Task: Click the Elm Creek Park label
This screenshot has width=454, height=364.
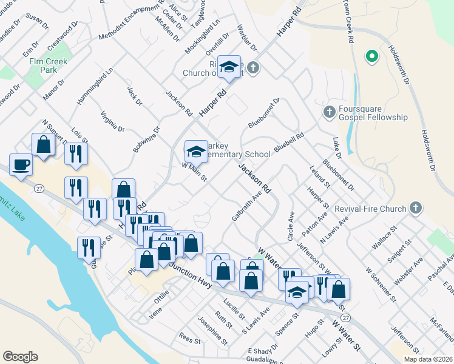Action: (49, 66)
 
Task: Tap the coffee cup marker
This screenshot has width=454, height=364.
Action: (21, 165)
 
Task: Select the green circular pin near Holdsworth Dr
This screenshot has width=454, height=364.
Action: (371, 57)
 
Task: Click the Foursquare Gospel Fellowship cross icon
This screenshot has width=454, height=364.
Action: (329, 111)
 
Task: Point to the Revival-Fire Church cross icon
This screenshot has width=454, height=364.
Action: (416, 209)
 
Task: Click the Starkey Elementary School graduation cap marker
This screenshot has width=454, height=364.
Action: (196, 151)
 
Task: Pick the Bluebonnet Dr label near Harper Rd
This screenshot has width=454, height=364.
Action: (263, 113)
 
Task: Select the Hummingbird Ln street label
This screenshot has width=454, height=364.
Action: (96, 86)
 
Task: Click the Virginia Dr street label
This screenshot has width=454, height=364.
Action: (113, 122)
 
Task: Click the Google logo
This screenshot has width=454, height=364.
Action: (20, 357)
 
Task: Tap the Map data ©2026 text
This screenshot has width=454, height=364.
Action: (429, 359)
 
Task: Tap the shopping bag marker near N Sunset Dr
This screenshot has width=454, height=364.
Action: (43, 145)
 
